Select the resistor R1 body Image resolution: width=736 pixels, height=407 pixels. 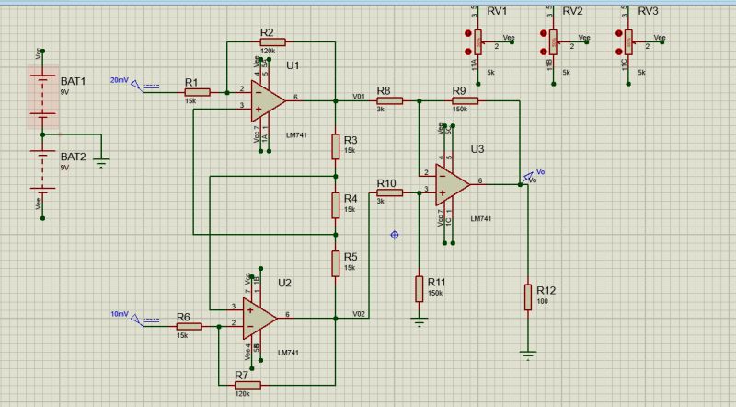pyautogui.click(x=196, y=92)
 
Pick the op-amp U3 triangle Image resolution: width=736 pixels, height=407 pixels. pyautogui.click(x=452, y=184)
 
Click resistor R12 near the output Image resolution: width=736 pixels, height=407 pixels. pyautogui.click(x=528, y=297)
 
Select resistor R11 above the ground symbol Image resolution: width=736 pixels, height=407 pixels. pyautogui.click(x=420, y=287)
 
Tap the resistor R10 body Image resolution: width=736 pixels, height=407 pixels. pyautogui.click(x=389, y=192)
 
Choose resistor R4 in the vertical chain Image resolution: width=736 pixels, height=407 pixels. pyautogui.click(x=336, y=203)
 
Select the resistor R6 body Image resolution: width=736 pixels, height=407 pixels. pyautogui.click(x=188, y=326)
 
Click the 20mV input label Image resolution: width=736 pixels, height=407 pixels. pyautogui.click(x=120, y=80)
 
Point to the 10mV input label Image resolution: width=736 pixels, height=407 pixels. pyautogui.click(x=120, y=314)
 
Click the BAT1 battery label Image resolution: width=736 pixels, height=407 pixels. pyautogui.click(x=73, y=81)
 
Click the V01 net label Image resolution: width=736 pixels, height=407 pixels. pyautogui.click(x=359, y=94)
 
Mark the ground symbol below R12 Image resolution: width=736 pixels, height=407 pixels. pyautogui.click(x=528, y=352)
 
